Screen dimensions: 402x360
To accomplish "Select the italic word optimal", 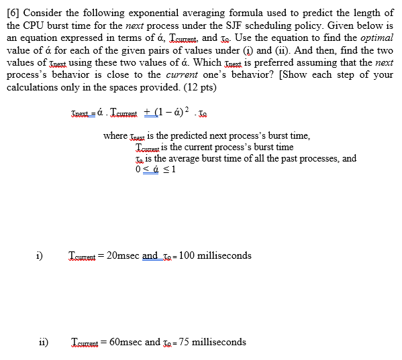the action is tap(376, 38).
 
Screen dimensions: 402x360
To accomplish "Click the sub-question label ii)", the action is tap(42, 342).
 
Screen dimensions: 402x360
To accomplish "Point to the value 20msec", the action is tap(123, 255).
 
